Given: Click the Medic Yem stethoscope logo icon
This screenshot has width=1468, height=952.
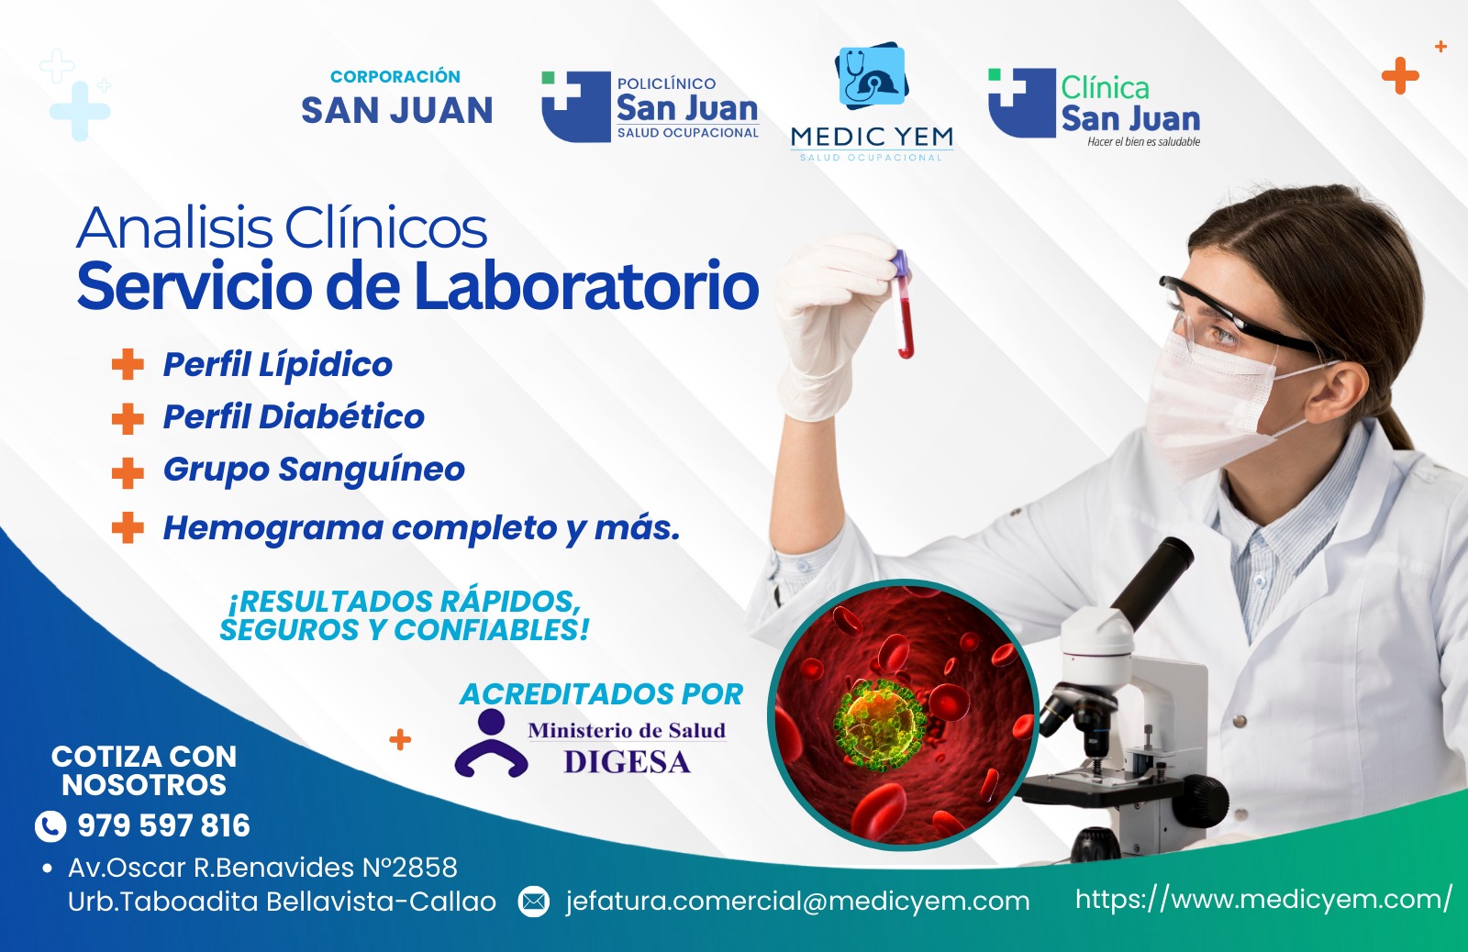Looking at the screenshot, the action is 872,74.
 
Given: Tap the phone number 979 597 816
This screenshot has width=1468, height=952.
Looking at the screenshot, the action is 164,825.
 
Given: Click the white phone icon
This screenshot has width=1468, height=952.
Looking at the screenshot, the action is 50,826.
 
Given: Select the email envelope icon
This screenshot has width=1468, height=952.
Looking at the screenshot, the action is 533,902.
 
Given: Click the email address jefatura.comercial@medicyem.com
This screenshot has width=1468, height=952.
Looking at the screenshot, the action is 797,902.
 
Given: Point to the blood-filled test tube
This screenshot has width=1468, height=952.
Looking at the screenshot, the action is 904,304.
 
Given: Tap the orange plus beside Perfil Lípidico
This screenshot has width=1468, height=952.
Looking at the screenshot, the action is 128,364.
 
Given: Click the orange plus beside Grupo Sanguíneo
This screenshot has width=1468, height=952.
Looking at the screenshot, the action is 128,473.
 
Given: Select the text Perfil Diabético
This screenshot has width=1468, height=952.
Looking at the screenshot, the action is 294,416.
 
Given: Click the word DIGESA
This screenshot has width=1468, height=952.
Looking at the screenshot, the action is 628,762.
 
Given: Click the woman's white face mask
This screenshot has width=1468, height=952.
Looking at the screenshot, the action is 1212,403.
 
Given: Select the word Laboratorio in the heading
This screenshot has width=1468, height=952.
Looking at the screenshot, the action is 586,286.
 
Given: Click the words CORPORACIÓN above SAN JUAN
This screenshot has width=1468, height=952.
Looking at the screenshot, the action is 395,77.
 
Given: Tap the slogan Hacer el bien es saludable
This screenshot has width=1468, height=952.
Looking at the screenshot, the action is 1143,141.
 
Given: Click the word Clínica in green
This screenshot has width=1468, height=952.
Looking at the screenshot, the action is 1105,88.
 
